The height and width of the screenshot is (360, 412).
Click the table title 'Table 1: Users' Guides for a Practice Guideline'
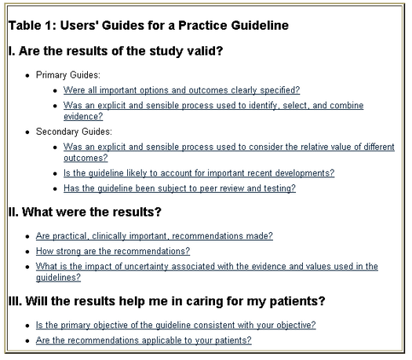148,26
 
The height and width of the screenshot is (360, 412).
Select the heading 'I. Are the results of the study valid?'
115,51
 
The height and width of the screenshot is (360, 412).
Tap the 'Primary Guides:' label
68,75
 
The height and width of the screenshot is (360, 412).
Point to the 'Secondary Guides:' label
74,132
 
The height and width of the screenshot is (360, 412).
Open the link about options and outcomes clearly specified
181,90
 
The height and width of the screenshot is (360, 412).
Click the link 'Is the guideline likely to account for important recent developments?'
199,173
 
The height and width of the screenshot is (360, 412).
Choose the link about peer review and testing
180,188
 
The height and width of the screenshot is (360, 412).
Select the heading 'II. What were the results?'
85,213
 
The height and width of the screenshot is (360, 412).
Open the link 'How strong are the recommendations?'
113,251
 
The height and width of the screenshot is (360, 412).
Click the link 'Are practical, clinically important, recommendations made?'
155,236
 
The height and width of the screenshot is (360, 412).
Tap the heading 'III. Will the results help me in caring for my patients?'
167,301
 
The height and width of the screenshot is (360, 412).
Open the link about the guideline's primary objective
176,325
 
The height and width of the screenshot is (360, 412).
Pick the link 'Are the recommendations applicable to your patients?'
144,340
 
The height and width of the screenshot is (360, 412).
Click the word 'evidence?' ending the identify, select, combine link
83,117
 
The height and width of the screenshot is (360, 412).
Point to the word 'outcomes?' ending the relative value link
86,158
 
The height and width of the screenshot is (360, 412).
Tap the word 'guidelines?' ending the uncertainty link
58,278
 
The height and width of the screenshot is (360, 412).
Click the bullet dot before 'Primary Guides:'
27,75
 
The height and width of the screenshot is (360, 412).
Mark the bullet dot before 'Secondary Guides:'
27,132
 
